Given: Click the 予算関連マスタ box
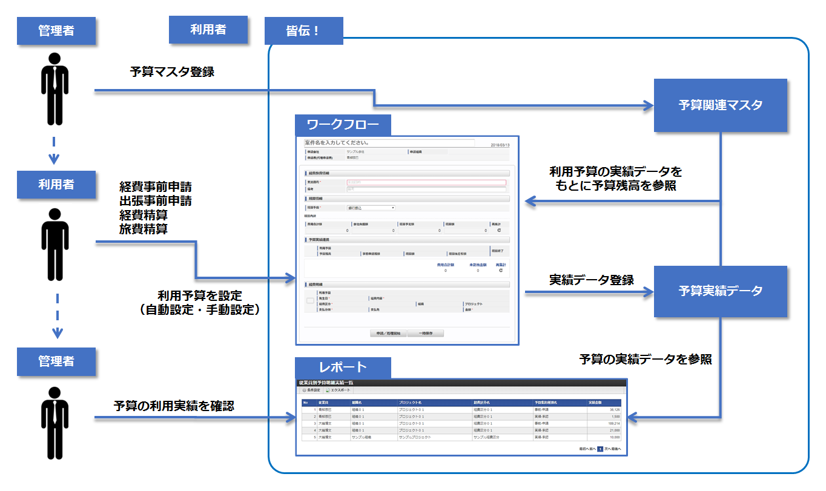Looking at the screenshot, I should pos(720,105).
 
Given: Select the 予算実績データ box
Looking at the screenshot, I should pos(720,291).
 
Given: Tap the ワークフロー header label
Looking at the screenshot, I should pos(343,125).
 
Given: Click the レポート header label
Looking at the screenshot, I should pos(343,367).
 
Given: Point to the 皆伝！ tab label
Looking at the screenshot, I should pos(303,30).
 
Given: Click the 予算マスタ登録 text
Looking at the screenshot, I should pos(172,72).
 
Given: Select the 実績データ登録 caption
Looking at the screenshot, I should pos(591,280).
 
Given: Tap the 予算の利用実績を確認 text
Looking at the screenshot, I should pos(174,406).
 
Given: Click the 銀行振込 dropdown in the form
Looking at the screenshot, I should pos(371,208).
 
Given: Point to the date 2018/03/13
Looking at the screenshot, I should pos(502,145).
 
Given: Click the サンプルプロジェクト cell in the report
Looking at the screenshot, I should pos(415,437).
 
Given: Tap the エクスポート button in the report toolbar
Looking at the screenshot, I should pos(338,390).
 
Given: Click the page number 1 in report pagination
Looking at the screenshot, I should pos(600,449).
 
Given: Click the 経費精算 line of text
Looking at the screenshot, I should pos(144,215).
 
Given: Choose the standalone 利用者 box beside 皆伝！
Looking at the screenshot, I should pos(208,30).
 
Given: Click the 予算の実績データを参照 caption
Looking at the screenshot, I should pos(646,360).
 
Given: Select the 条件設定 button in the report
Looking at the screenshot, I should pos(311,390).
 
